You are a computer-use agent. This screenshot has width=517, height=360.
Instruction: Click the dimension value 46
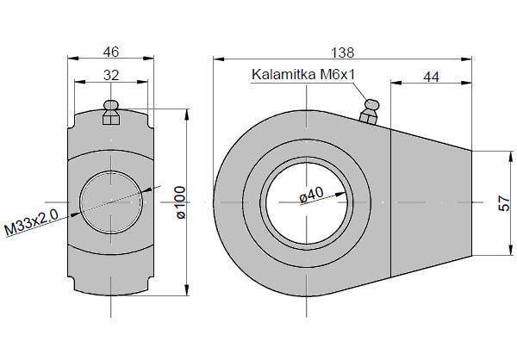[110, 50]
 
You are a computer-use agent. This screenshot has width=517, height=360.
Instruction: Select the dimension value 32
[110, 74]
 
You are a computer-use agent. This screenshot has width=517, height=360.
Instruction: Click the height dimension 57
[505, 203]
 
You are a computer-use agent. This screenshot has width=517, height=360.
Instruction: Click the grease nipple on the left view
[111, 111]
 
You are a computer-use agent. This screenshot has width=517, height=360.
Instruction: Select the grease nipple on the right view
[370, 109]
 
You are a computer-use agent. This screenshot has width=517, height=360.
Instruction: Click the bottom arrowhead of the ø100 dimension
[186, 293]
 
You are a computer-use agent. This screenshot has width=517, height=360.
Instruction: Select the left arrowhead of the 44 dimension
[395, 84]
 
